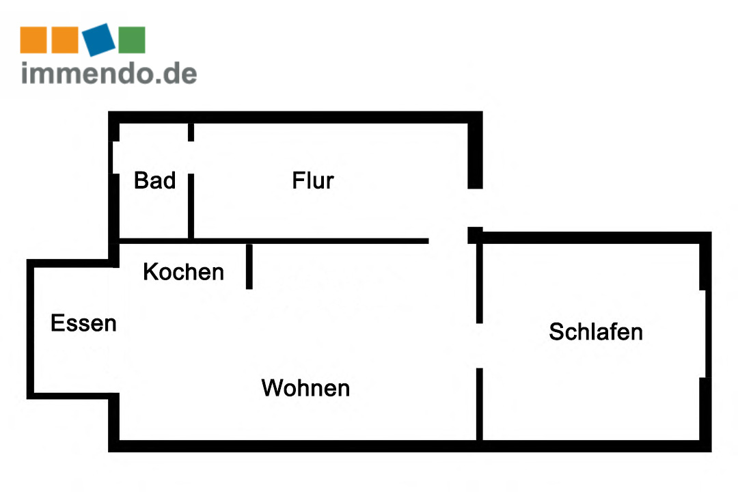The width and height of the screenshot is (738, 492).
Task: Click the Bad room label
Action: pyautogui.click(x=155, y=180)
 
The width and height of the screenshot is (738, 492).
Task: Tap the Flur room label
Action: pyautogui.click(x=313, y=180)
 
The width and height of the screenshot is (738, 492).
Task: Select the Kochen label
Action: pyautogui.click(x=183, y=272)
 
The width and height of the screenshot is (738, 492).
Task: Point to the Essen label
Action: pyautogui.click(x=83, y=323)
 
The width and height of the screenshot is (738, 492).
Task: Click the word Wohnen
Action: pyautogui.click(x=305, y=388)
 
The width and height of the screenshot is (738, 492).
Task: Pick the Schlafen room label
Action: pyautogui.click(x=596, y=331)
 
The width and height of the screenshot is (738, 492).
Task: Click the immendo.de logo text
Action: pyautogui.click(x=109, y=73)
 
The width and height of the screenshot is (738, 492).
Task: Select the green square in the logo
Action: pyautogui.click(x=132, y=40)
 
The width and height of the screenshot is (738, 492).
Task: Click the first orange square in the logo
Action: pyautogui.click(x=33, y=40)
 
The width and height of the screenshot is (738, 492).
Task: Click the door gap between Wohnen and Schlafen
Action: pyautogui.click(x=480, y=345)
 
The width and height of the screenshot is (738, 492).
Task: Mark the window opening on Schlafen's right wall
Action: pyautogui.click(x=705, y=333)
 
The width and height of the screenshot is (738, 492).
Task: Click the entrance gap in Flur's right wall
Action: pyautogui.click(x=476, y=208)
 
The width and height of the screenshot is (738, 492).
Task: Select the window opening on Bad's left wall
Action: pyautogui.click(x=114, y=157)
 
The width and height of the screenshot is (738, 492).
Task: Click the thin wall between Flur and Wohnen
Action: pyautogui.click(x=307, y=241)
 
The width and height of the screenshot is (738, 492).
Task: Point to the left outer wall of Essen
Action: pyautogui.click(x=31, y=328)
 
